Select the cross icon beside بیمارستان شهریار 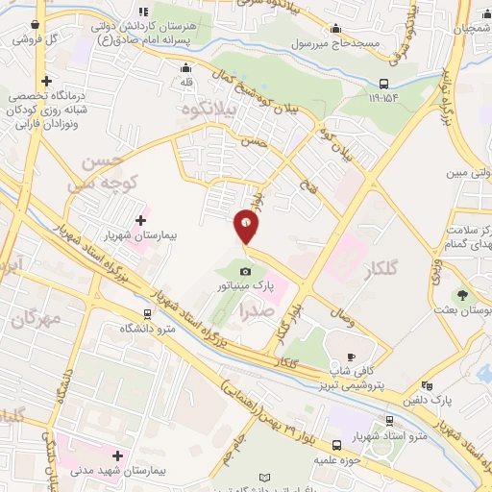141,220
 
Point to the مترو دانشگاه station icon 147,313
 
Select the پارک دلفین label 429,398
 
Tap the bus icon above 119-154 383,84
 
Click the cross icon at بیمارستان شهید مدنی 117,455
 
